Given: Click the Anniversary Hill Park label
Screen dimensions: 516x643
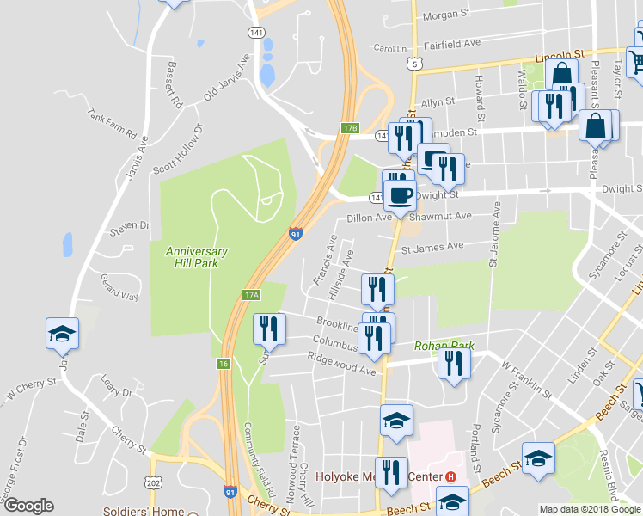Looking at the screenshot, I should pos(197,257).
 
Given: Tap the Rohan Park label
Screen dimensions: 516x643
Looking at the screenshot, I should pos(444,346).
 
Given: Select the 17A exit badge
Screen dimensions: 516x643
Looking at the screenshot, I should pos(250,295).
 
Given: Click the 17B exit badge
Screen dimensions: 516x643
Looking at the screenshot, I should pos(349,128).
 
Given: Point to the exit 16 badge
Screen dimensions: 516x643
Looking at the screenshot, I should pos(224,364).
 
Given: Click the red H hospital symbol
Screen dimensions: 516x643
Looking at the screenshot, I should pos(450,476).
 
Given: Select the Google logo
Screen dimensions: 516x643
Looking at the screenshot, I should pos(28,506).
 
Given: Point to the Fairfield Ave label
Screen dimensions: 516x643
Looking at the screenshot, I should pos(450,43).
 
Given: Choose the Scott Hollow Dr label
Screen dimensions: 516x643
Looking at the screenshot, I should pos(178,149).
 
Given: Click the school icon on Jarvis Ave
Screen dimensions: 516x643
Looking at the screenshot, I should pos(63,332).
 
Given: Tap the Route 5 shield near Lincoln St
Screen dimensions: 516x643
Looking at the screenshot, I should pos(416,64).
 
